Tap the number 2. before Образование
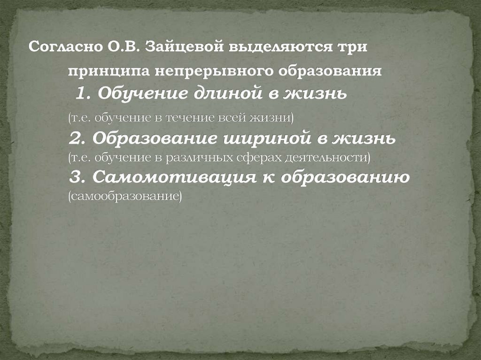click(x=77, y=138)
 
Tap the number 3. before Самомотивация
click(x=77, y=177)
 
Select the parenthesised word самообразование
click(x=124, y=195)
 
